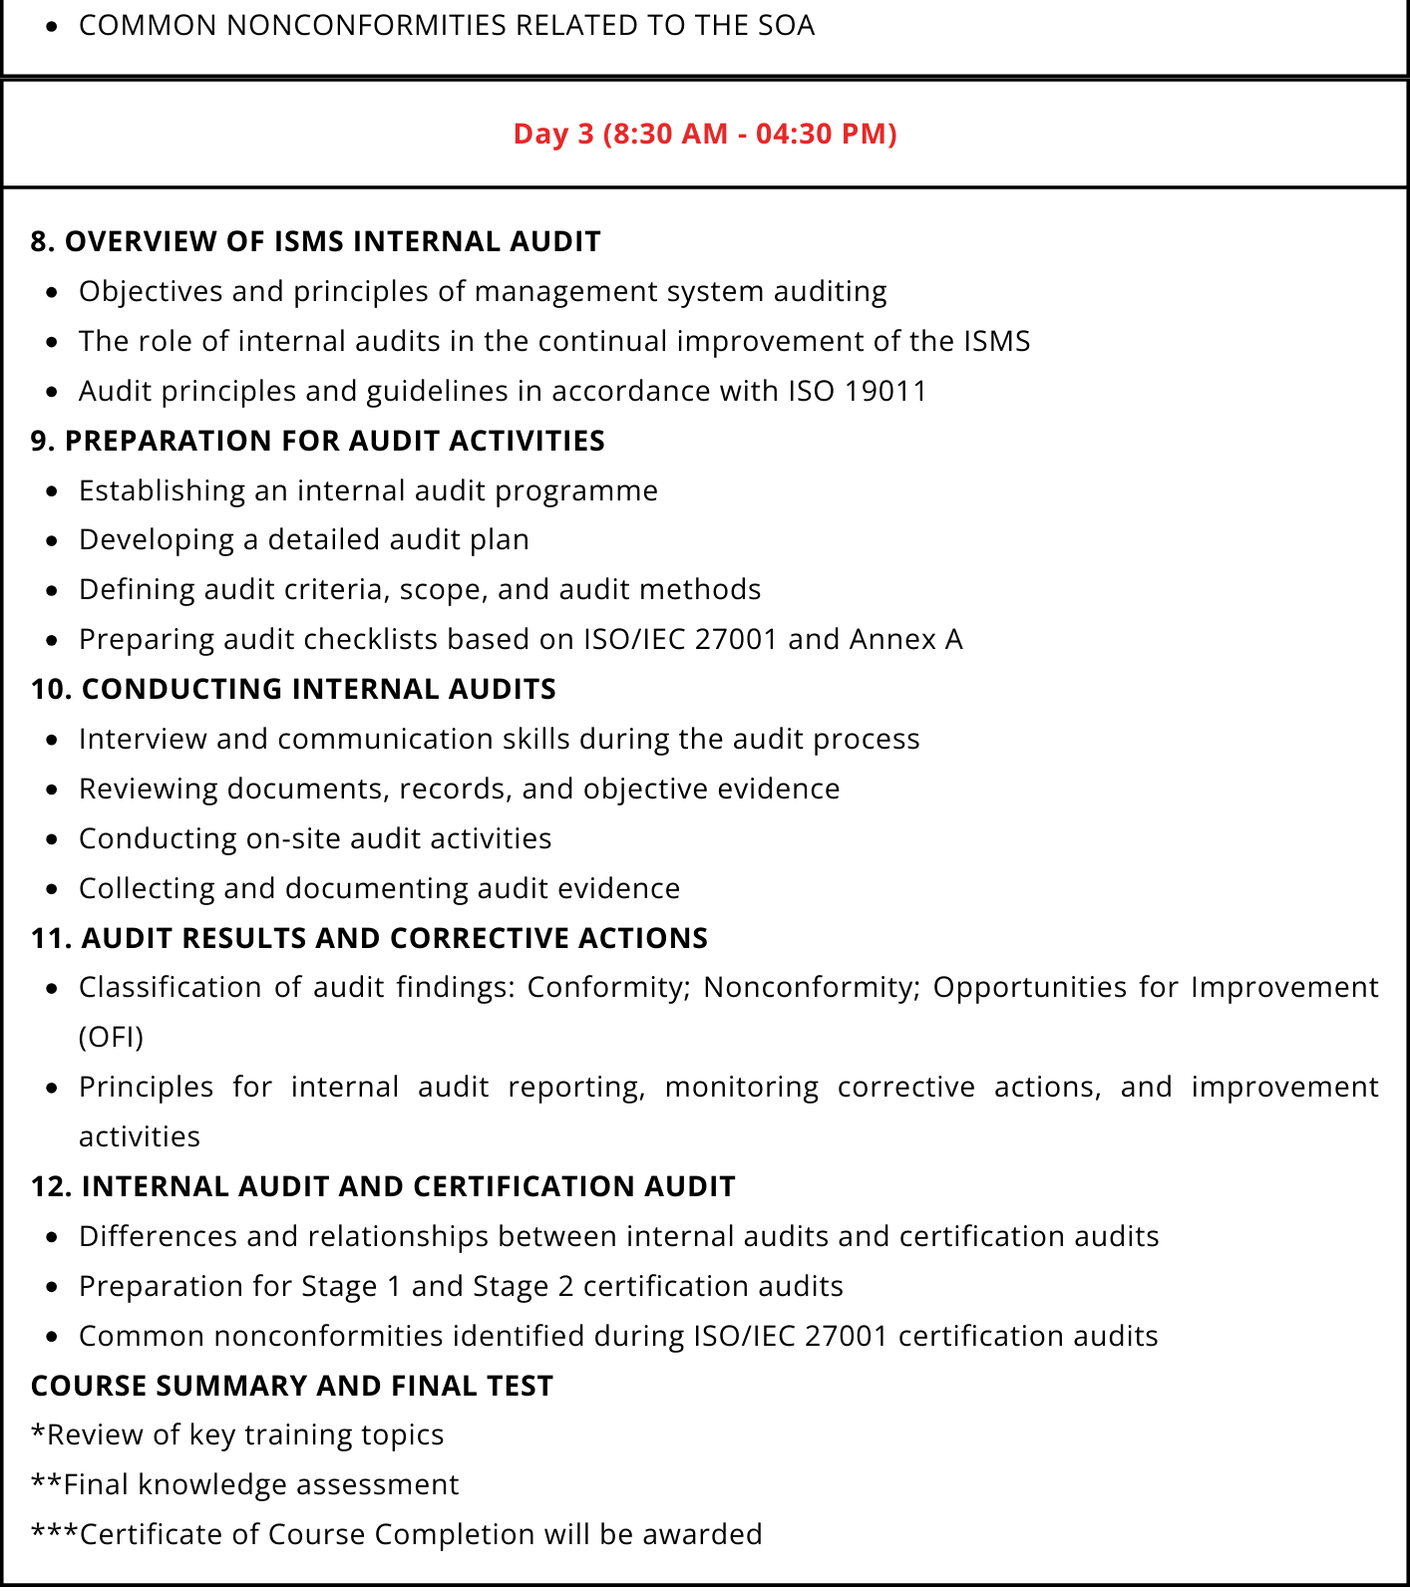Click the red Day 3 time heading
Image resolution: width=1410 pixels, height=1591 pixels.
705,134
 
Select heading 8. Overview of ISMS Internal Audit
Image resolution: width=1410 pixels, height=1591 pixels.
315,242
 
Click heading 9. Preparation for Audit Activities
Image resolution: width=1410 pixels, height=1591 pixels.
317,441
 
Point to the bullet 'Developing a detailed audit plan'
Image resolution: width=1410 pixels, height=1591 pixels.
304,539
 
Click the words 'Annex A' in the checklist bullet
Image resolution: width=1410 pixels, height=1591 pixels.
905,639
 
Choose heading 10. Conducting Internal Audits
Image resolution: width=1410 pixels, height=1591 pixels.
293,689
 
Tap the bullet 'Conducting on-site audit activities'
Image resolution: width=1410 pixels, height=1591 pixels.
315,838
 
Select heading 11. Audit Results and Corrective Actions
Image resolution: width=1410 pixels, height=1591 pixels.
369,938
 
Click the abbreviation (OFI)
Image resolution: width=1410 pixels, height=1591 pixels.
111,1037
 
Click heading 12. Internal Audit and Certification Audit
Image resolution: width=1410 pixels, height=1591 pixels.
383,1186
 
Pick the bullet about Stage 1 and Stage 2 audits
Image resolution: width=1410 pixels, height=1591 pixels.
461,1286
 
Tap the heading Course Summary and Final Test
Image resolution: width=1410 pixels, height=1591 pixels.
291,1386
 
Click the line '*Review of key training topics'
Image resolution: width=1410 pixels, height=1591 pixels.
237,1434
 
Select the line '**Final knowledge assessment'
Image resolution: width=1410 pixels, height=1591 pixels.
244,1484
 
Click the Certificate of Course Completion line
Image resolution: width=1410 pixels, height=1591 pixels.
396,1534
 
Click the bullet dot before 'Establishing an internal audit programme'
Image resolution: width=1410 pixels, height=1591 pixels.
53,491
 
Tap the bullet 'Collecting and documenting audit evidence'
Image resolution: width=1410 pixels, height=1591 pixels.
379,888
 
